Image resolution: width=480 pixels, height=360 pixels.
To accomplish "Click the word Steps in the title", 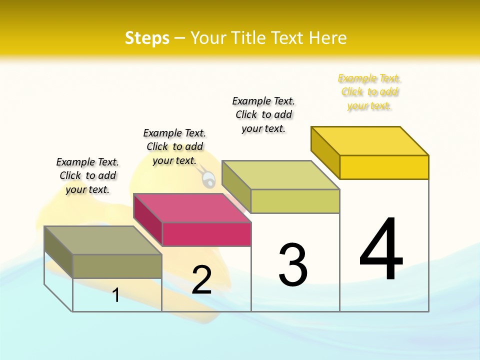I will tap(147, 38).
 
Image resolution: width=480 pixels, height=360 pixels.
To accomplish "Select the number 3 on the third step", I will tap(292, 265).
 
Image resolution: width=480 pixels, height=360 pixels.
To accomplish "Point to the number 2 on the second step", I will tap(201, 280).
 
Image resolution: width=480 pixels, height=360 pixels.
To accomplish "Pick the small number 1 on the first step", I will tap(116, 295).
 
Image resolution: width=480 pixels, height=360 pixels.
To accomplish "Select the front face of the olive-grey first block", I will tap(117, 266).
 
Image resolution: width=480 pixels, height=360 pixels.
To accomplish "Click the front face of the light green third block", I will tap(295, 201).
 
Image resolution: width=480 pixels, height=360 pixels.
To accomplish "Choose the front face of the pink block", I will tap(206, 234).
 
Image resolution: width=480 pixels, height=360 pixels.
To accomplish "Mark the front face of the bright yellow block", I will tap(383, 167).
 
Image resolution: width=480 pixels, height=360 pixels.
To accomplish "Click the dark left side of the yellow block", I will tap(325, 152).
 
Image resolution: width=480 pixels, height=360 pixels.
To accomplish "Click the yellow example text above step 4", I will tap(369, 92).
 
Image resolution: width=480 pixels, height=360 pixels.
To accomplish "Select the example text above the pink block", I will tap(174, 146).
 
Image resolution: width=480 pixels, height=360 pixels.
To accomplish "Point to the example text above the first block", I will tap(87, 175).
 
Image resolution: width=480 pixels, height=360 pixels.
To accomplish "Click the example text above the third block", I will tap(263, 114).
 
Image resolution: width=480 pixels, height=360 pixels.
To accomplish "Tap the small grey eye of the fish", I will tap(208, 179).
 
